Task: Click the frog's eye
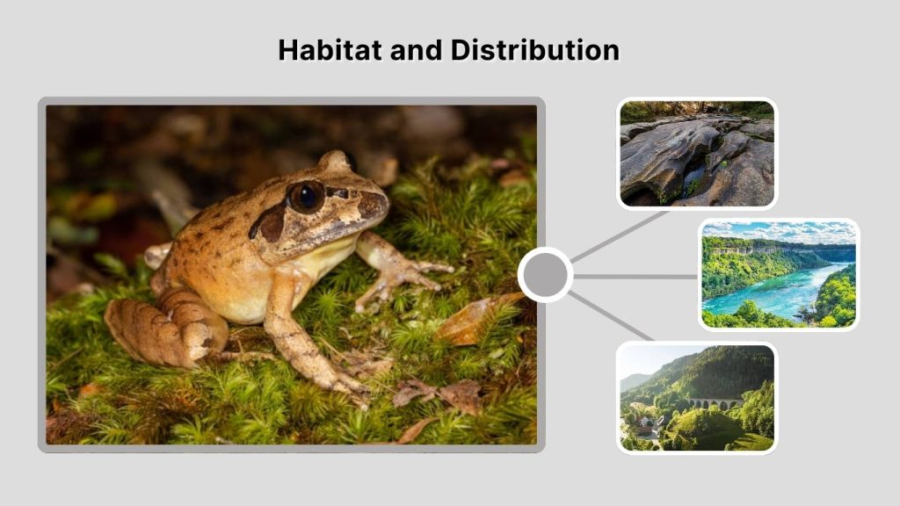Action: coord(306,195)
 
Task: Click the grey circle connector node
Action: coord(545,275)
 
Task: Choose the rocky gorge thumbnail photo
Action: coord(697,154)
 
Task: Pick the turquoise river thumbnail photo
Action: coord(778,274)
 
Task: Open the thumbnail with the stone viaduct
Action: coord(696,397)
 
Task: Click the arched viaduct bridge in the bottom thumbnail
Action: coord(714,403)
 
